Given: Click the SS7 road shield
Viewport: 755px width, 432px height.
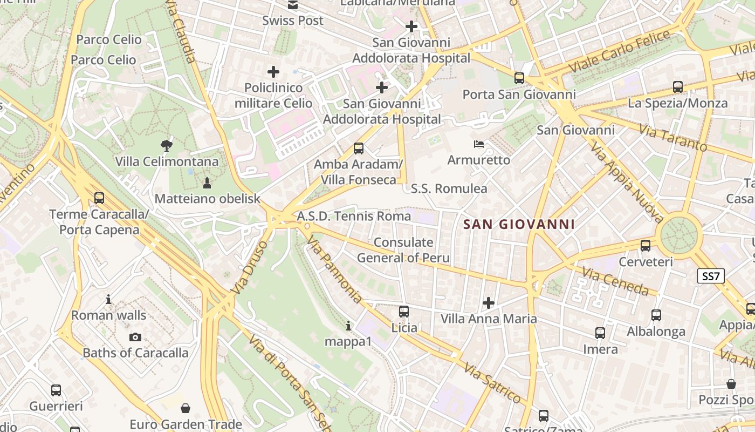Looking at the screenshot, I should [710, 276].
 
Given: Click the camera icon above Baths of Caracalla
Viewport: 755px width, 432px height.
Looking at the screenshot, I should [135, 337].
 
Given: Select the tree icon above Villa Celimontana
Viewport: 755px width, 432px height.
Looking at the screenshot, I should [167, 145].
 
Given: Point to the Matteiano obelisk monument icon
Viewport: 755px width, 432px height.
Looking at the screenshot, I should [207, 183].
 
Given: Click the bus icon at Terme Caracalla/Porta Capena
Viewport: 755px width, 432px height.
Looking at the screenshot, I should [99, 198].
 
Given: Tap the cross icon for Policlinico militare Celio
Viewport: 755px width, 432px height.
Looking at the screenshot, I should [273, 71].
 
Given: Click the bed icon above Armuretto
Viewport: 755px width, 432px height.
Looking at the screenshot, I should [479, 144].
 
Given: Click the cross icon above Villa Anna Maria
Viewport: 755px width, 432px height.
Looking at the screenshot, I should [489, 303].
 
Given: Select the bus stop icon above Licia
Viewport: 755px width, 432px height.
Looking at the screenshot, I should [404, 312].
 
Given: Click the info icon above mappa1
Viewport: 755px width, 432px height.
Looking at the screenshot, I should [348, 326].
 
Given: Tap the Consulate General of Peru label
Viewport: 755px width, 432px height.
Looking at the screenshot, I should [403, 250].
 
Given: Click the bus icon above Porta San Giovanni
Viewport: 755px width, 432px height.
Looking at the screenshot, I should [519, 78].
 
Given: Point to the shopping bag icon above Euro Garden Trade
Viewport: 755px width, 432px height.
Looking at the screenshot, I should [186, 408].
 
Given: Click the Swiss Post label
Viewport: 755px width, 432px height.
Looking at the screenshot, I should [293, 21].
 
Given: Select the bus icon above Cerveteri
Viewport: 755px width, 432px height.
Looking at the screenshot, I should [646, 246].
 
